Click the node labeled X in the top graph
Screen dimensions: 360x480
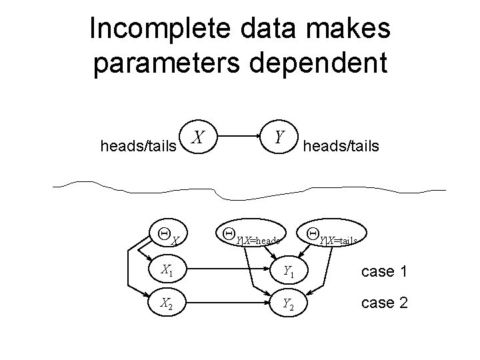[x=197, y=139]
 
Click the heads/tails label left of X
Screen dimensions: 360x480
[x=137, y=145]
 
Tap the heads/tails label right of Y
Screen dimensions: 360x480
[x=341, y=145]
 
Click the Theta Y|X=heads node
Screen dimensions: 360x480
[x=252, y=235]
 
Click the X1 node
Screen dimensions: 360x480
[x=167, y=271]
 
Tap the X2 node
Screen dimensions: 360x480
[x=167, y=303]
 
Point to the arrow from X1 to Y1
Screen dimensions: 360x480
[x=227, y=271]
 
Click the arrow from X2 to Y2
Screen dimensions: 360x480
[x=227, y=303]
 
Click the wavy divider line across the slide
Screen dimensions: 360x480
[x=240, y=189]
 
